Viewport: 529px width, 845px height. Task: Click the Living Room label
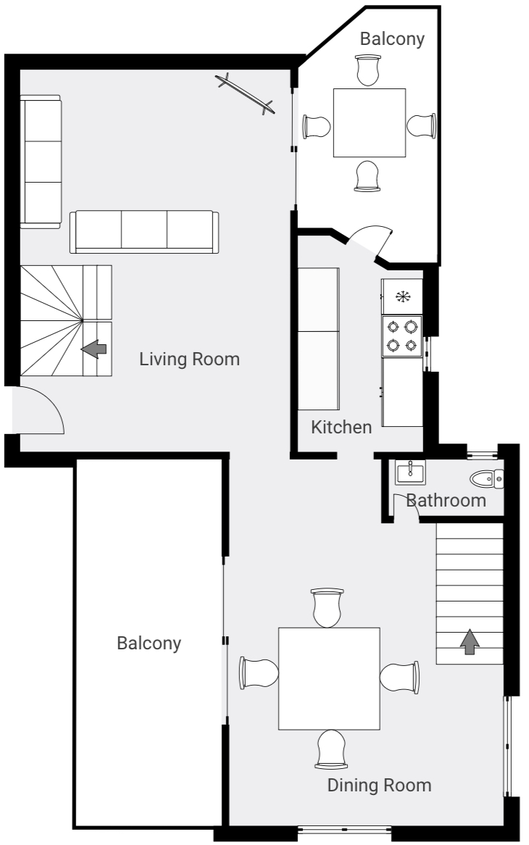coord(189,359)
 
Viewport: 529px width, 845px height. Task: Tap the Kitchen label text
coord(341,427)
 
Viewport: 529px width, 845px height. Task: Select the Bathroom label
coord(446,500)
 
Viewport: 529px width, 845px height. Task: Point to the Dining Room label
coord(379,785)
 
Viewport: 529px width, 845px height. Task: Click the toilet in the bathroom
coord(486,478)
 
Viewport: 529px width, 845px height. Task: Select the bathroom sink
coord(410,473)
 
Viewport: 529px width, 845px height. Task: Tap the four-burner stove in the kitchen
coord(402,336)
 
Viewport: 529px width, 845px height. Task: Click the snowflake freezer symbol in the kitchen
coord(401,296)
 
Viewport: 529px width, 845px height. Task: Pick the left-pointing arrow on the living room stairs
coord(93,349)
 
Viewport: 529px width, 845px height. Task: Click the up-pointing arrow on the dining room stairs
coord(470,641)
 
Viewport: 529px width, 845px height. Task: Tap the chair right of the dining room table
coord(399,676)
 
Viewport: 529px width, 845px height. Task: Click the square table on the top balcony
coord(369,122)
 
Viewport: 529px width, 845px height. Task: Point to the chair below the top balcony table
coord(367,176)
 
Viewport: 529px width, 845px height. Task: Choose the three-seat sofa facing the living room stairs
coord(143,232)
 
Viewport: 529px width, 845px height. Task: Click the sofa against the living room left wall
coord(41,162)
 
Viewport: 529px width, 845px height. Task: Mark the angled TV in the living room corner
coord(246,93)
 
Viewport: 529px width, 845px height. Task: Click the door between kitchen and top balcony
coord(367,240)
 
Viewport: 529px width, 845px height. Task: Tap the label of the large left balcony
coord(149,643)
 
